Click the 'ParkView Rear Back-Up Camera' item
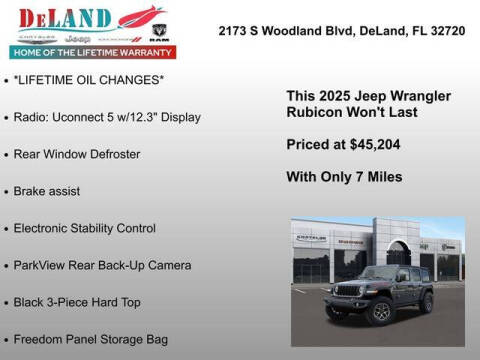(102, 265)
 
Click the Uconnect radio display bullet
(108, 117)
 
